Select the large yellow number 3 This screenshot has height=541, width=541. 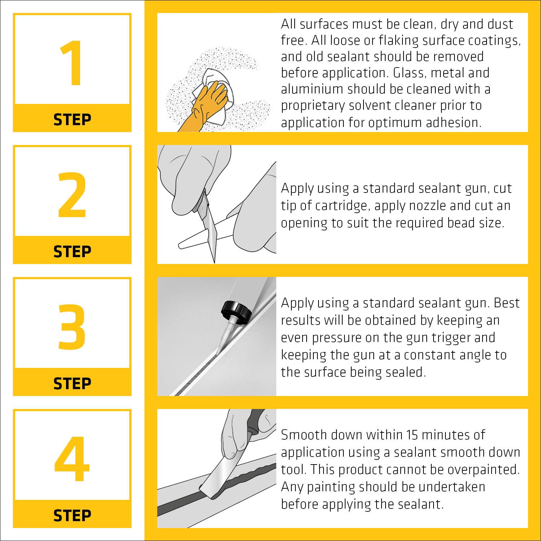click(72, 327)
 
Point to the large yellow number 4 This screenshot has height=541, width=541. click(72, 459)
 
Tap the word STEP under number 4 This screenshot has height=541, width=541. click(72, 516)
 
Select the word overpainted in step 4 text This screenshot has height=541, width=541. click(484, 470)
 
